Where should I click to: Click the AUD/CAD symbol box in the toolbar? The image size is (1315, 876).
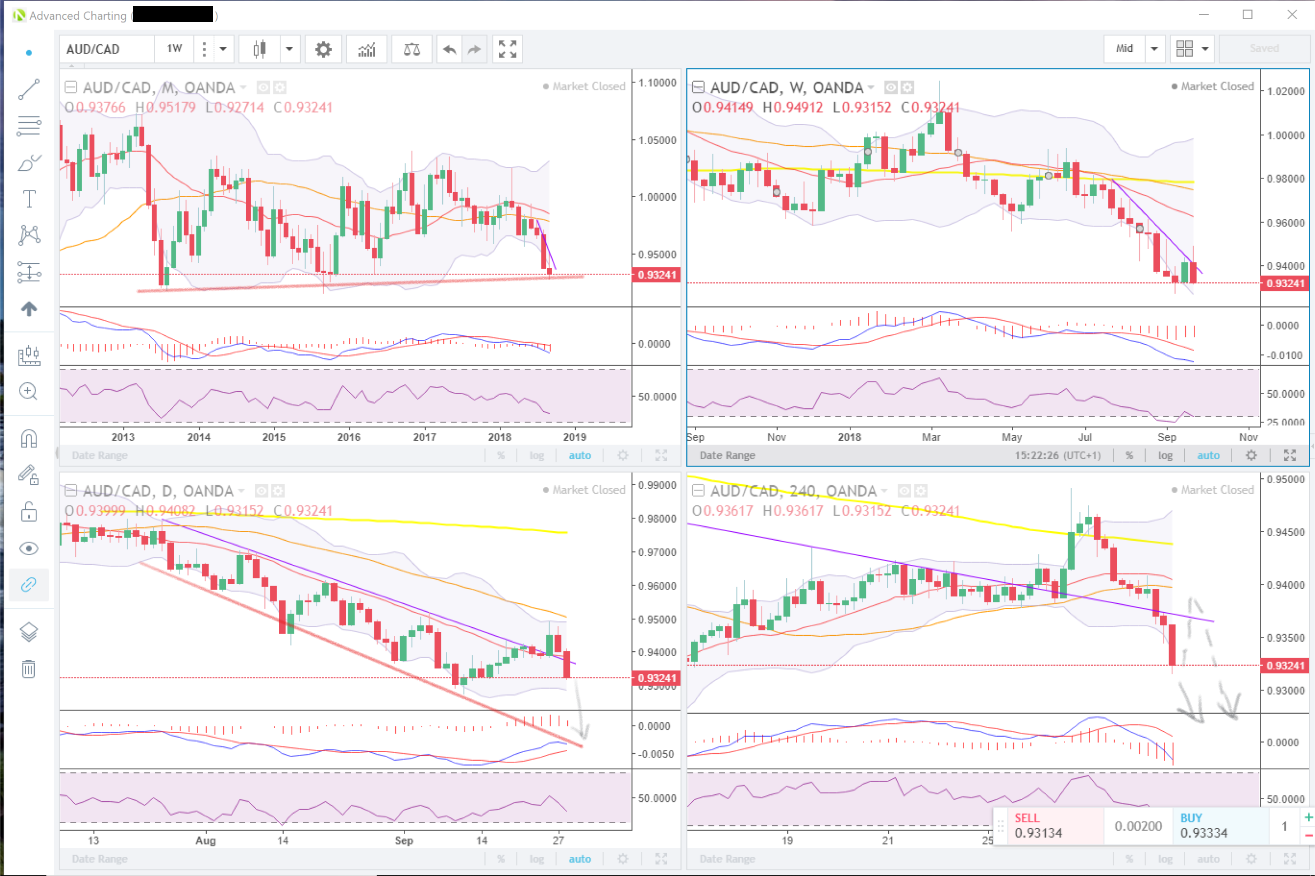[x=106, y=49]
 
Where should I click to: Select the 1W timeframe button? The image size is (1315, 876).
[x=174, y=49]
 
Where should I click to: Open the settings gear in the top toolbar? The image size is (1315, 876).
[x=323, y=49]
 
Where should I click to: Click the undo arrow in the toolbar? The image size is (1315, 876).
[x=449, y=49]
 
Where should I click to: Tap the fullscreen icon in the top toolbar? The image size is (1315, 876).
[x=507, y=49]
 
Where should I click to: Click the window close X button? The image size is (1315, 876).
[x=1291, y=14]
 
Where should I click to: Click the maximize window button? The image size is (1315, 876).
[x=1247, y=14]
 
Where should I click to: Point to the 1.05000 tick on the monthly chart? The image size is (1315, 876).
[x=657, y=140]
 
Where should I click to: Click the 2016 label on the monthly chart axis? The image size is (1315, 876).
[x=349, y=437]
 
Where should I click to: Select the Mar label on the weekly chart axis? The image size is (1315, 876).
[x=930, y=437]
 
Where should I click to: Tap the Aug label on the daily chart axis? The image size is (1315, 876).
[x=205, y=840]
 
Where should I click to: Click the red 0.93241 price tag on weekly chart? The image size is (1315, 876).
[x=1285, y=283]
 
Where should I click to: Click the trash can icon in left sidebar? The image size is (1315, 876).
[x=28, y=668]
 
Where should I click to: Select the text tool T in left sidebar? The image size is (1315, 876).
[x=29, y=199]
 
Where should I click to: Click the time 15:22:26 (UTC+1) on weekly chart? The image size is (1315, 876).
[x=1058, y=455]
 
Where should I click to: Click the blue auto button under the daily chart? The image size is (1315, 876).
[x=580, y=859]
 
